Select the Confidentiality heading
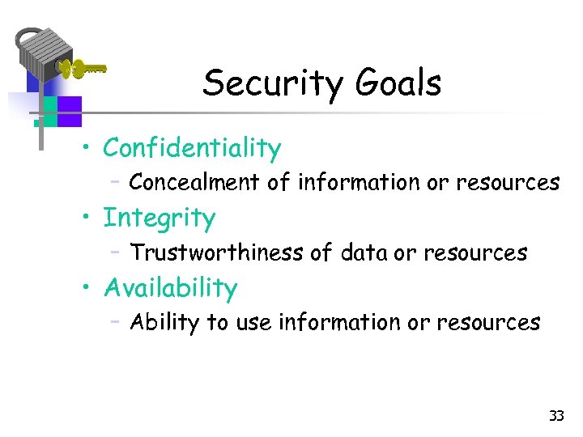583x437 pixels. pyautogui.click(x=192, y=148)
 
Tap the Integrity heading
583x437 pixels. pyautogui.click(x=160, y=218)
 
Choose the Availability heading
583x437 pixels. pyautogui.click(x=170, y=288)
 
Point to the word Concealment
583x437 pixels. pyautogui.click(x=194, y=183)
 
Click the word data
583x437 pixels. pyautogui.click(x=364, y=253)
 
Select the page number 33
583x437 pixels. pyautogui.click(x=556, y=416)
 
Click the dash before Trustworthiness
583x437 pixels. pyautogui.click(x=117, y=252)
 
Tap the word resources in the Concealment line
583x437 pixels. pyautogui.click(x=508, y=183)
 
